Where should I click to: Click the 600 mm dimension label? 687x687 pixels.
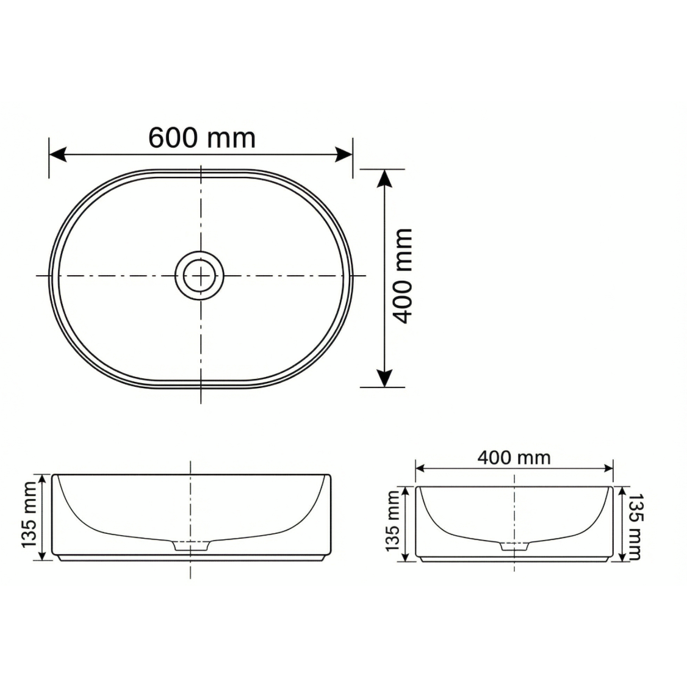coord(202,137)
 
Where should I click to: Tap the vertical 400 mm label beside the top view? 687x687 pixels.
coord(401,276)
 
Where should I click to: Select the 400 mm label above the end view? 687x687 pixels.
coord(514,458)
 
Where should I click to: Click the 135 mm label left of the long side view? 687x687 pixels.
coord(29,515)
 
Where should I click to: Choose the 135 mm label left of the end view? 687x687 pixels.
coord(392,521)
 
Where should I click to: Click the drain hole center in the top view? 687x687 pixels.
coord(200,276)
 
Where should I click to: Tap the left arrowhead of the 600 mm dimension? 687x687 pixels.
coord(57,154)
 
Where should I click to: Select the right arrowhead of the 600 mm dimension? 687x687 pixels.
coord(344,154)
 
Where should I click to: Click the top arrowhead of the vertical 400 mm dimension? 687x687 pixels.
coord(384,178)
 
